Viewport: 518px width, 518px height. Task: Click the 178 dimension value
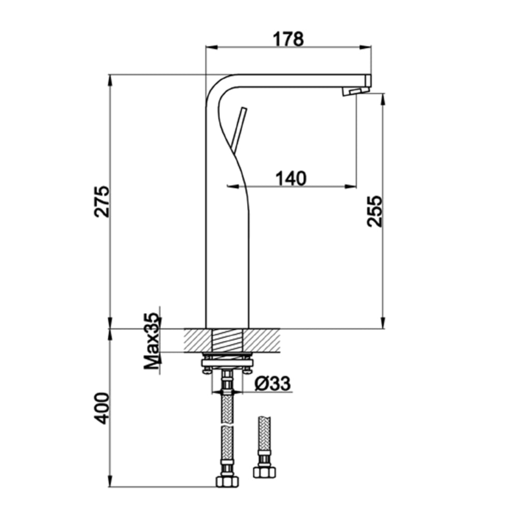click(x=289, y=39)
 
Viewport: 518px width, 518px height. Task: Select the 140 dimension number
click(x=291, y=178)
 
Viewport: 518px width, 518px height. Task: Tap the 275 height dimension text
click(x=102, y=200)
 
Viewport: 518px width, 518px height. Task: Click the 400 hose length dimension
click(x=102, y=408)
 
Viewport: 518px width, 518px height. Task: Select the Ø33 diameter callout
click(x=273, y=384)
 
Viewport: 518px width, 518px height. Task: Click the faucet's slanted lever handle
click(x=238, y=129)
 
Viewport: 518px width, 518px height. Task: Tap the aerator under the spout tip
click(x=352, y=92)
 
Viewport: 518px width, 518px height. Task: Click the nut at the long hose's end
click(x=226, y=480)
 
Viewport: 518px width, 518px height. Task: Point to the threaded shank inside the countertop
click(x=227, y=340)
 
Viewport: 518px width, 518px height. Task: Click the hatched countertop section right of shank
click(x=264, y=340)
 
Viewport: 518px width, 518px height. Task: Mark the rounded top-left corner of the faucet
click(x=213, y=85)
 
